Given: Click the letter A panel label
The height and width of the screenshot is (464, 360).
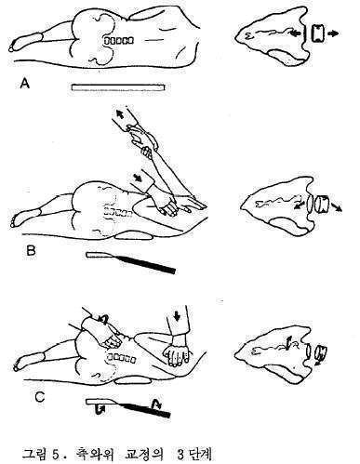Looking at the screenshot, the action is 24,83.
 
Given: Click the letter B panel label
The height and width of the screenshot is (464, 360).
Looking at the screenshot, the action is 32,250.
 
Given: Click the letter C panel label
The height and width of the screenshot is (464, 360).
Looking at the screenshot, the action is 39,397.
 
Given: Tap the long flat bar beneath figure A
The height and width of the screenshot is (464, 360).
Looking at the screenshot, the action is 117,87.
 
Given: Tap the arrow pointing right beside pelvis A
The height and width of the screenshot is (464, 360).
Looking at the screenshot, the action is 333,33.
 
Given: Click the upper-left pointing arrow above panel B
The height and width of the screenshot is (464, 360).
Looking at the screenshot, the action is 120,113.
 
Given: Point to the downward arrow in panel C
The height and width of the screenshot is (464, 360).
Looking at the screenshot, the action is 177,316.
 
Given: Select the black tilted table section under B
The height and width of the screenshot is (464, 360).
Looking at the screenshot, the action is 148,264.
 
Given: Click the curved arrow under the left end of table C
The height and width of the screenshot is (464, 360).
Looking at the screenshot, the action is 100,410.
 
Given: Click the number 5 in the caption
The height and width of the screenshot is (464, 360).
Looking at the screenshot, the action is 56,455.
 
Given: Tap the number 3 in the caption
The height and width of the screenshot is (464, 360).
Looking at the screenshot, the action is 180,455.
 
